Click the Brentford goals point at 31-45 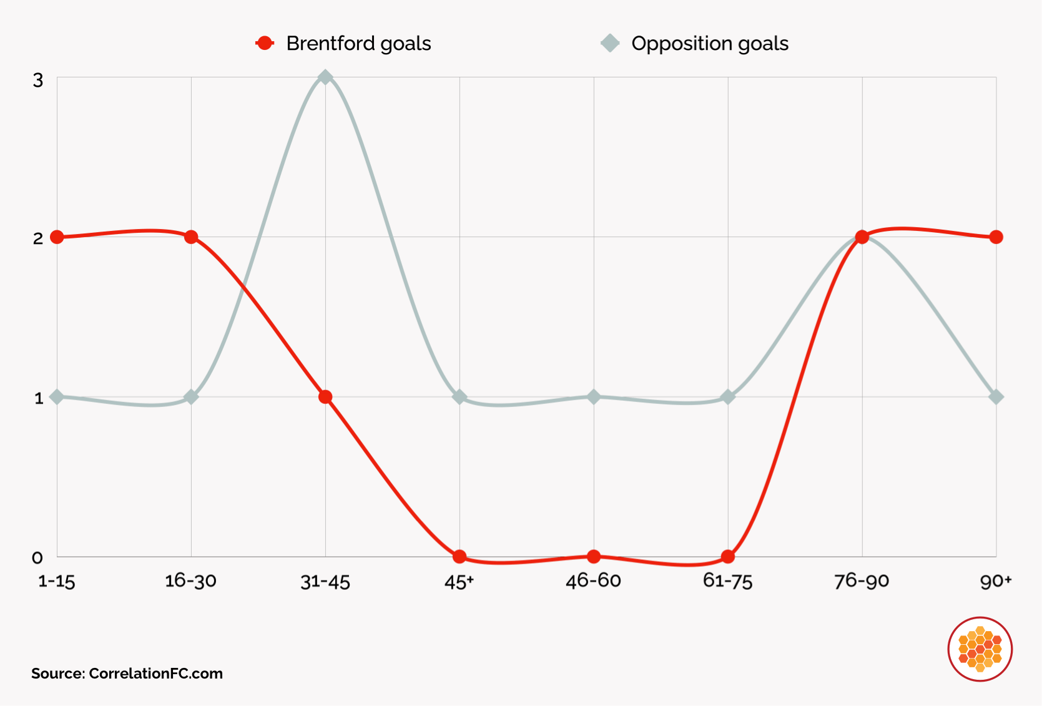[x=325, y=397]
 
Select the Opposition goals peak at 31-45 [x=325, y=77]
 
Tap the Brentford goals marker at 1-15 [x=57, y=237]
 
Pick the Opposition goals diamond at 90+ [x=996, y=397]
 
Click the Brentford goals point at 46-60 [x=594, y=556]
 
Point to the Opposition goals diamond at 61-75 [x=728, y=397]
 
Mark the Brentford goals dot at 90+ [x=996, y=237]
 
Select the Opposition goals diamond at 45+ [x=460, y=397]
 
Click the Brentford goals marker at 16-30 [x=191, y=237]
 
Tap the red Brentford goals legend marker [x=265, y=43]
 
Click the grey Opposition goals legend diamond [x=610, y=43]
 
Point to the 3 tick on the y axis [x=38, y=80]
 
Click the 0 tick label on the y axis [x=37, y=557]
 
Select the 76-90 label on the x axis [x=862, y=581]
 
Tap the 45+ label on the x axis [x=459, y=582]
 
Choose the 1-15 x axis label [x=56, y=582]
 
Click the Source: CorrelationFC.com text [x=127, y=674]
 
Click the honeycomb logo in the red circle [x=980, y=649]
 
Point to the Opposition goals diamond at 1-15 [x=57, y=397]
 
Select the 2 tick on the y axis [x=38, y=238]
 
